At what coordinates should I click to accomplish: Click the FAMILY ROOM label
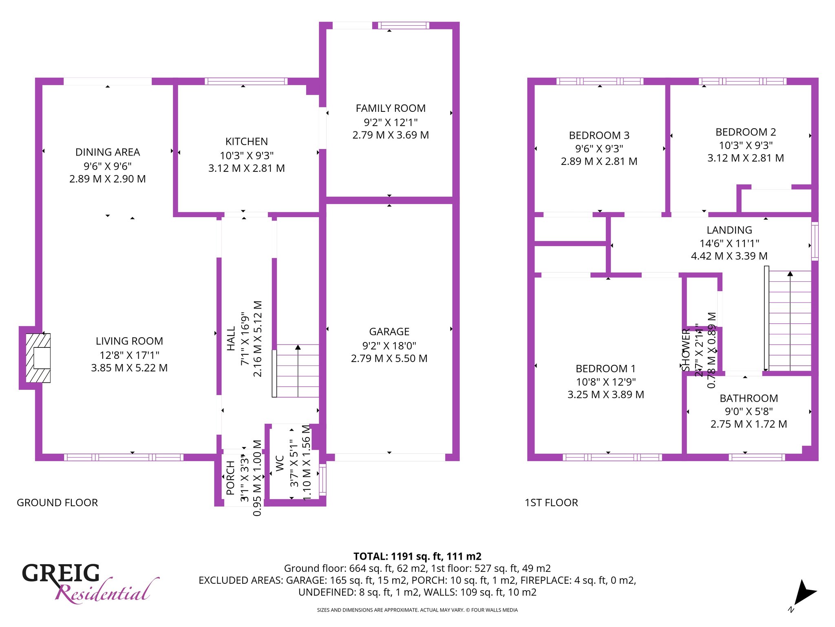pos(391,108)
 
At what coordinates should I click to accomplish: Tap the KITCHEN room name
pos(247,142)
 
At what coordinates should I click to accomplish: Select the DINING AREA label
pos(108,152)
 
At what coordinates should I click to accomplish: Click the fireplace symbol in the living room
pos(38,358)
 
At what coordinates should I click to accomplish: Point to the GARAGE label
pos(389,331)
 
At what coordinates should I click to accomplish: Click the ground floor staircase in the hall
pos(296,371)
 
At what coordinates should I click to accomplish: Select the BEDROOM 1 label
pos(606,369)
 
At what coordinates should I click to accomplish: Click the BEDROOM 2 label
pos(746,132)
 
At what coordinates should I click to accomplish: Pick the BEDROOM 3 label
pos(599,135)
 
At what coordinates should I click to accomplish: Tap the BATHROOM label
pos(749,398)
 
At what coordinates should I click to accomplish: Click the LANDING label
pos(729,230)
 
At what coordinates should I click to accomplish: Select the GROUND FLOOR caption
pos(57,502)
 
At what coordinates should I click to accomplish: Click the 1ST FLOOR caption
pos(551,502)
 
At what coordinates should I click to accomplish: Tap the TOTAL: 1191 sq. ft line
pos(417,556)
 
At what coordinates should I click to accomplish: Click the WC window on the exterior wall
pos(323,480)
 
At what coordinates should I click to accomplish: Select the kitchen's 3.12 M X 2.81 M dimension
pos(247,168)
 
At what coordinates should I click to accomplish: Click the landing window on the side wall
pos(815,241)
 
